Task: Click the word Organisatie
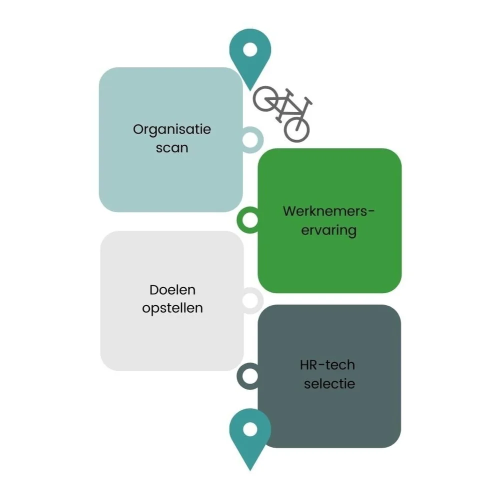172,129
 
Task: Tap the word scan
172,147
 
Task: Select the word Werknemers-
328,211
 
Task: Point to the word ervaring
328,230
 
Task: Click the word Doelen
172,290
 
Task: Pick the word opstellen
172,308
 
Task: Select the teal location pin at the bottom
250,435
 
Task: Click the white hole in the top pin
250,49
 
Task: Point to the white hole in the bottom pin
250,429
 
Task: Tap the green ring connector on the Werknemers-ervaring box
248,219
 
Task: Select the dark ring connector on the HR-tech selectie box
248,376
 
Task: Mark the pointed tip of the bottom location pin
250,469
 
